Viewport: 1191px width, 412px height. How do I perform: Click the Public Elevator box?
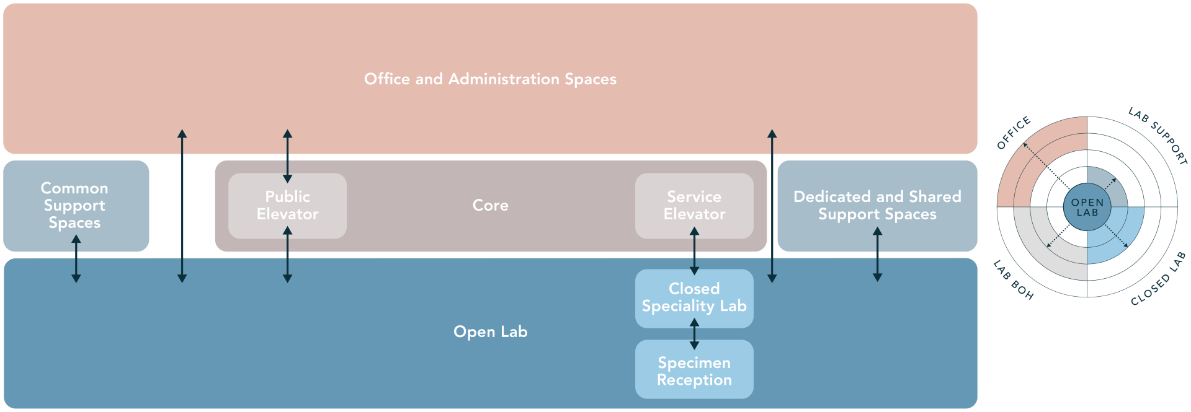(x=287, y=205)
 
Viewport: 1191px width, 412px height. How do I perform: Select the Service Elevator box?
(x=694, y=205)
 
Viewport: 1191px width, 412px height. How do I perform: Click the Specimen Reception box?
(x=694, y=370)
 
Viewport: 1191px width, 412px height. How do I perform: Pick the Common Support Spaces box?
(x=74, y=205)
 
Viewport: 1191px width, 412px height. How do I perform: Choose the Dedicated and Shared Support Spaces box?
(x=877, y=205)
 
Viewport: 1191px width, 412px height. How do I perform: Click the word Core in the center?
(x=490, y=205)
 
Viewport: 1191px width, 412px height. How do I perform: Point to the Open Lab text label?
(x=490, y=331)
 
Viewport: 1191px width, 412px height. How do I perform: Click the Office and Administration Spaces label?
(x=490, y=79)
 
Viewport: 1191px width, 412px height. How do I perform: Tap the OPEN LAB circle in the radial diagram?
(x=1087, y=207)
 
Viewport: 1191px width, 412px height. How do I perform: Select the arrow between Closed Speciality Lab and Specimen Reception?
(x=694, y=333)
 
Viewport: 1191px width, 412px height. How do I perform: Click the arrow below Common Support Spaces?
(x=76, y=259)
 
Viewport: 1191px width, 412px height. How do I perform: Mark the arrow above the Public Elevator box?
(x=287, y=156)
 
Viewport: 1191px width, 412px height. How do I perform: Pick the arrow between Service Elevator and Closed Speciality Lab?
(x=694, y=251)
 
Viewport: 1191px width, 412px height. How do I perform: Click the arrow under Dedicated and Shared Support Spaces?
(x=877, y=254)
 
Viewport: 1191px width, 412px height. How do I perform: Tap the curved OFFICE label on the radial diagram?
(x=1014, y=133)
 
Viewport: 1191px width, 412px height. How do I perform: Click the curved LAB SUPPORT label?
(x=1158, y=135)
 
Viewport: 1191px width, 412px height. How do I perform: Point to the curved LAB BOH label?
(x=1013, y=281)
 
